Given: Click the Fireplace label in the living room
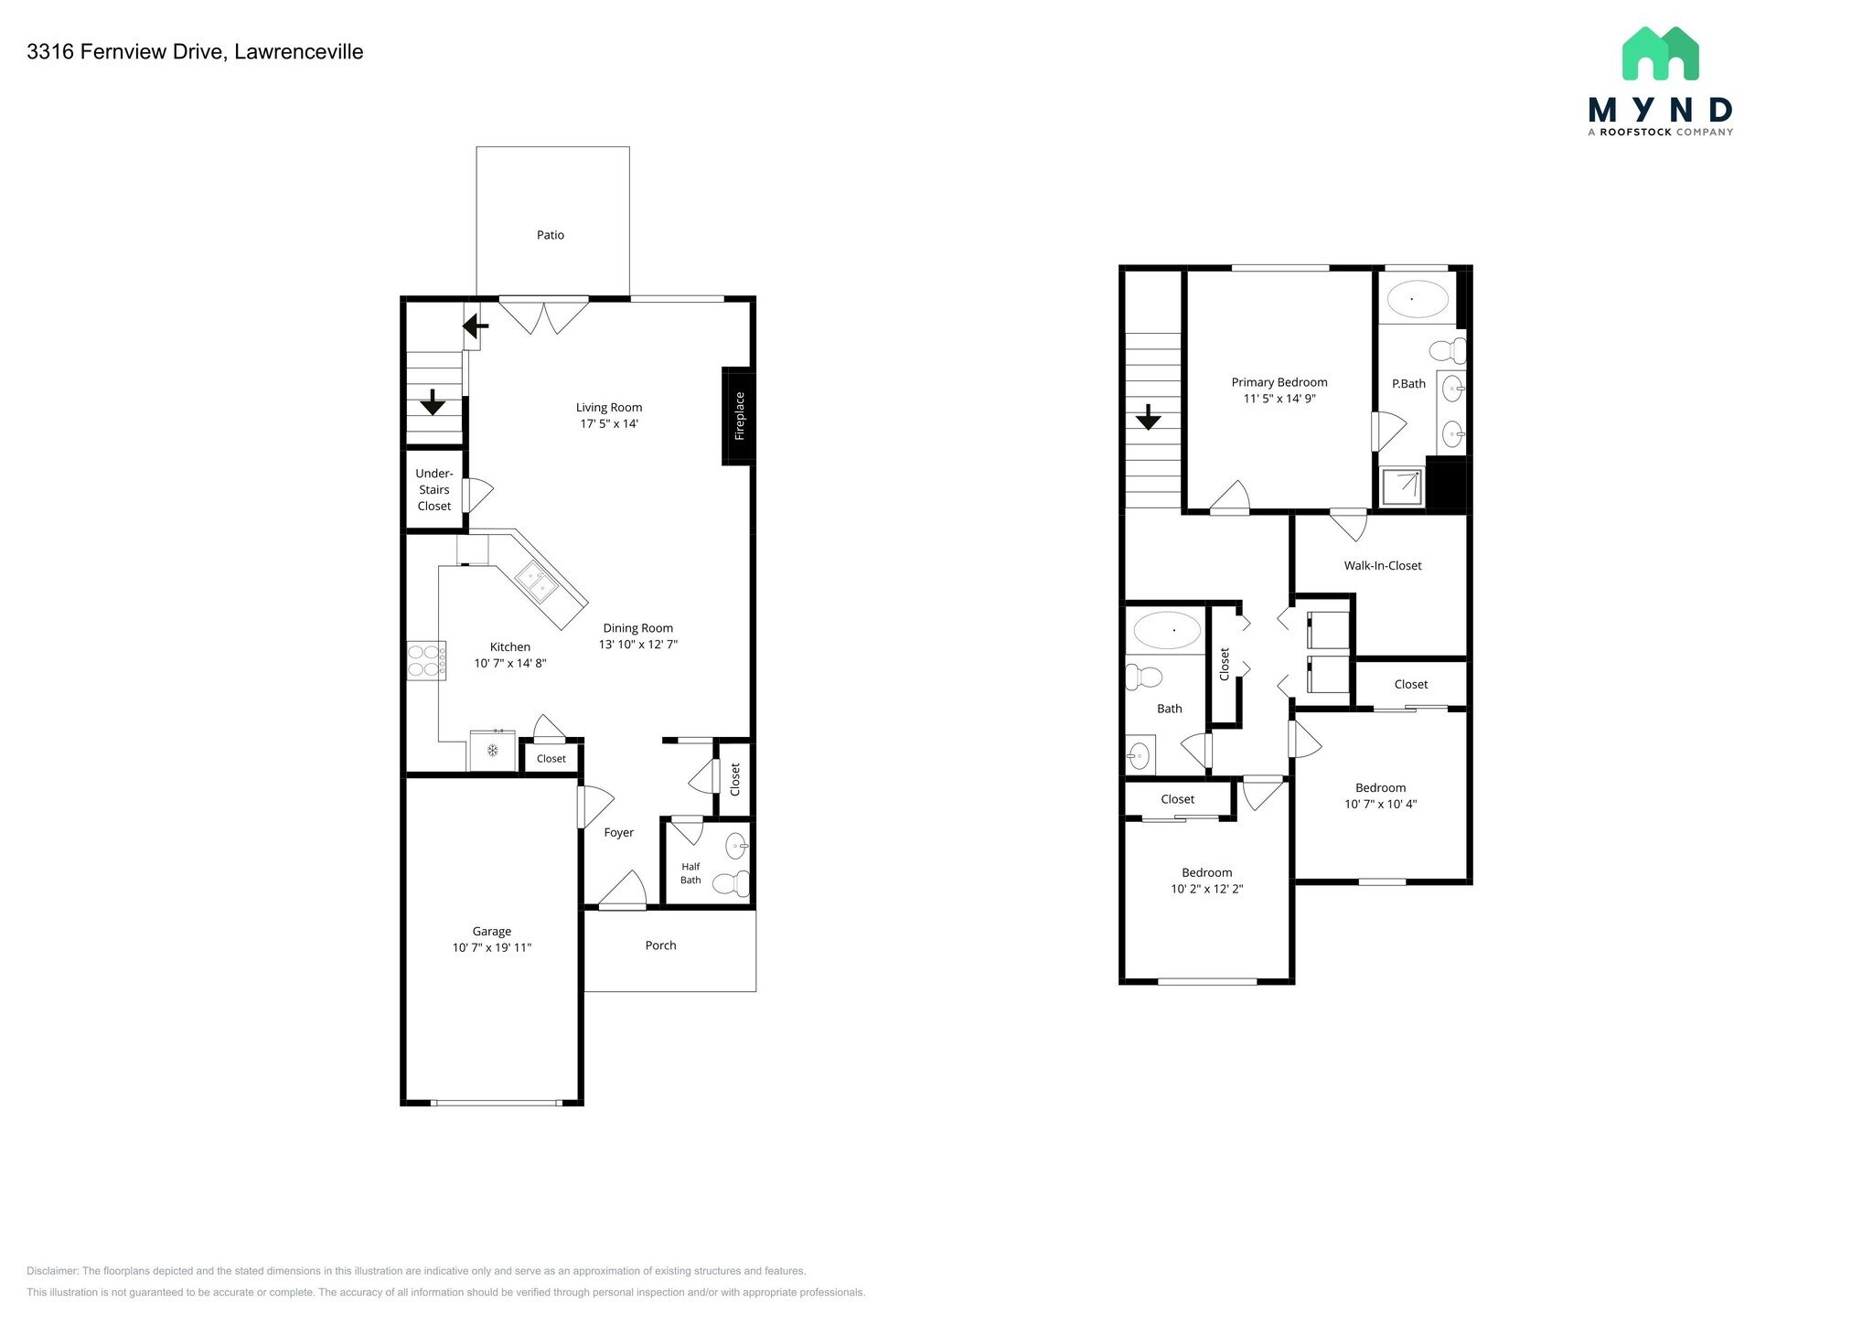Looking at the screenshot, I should click(x=740, y=416).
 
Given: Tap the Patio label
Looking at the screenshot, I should click(x=551, y=235).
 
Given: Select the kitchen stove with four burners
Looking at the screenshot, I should click(x=426, y=660).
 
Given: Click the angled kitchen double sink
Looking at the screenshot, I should click(x=537, y=582).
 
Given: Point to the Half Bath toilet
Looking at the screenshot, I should click(x=731, y=883).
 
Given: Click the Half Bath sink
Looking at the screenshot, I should click(x=736, y=847).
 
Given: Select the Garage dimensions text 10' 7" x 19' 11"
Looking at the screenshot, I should click(x=492, y=947).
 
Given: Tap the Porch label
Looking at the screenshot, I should click(x=660, y=945).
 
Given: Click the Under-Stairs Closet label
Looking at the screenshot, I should click(x=434, y=489).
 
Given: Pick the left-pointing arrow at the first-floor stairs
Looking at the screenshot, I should click(x=476, y=326).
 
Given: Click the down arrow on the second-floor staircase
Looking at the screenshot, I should click(x=1148, y=419).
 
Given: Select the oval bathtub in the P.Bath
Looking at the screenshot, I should click(x=1418, y=299).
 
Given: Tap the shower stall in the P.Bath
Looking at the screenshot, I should click(x=1402, y=486).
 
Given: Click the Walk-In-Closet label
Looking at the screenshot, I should click(x=1382, y=565).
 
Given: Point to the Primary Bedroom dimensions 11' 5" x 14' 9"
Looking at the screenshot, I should click(x=1279, y=399).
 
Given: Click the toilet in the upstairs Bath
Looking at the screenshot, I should click(x=1143, y=678).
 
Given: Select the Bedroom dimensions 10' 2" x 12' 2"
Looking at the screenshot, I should click(x=1206, y=889).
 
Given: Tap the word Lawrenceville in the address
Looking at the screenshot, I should click(x=298, y=52).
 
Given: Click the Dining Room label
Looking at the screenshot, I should click(x=637, y=628).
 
